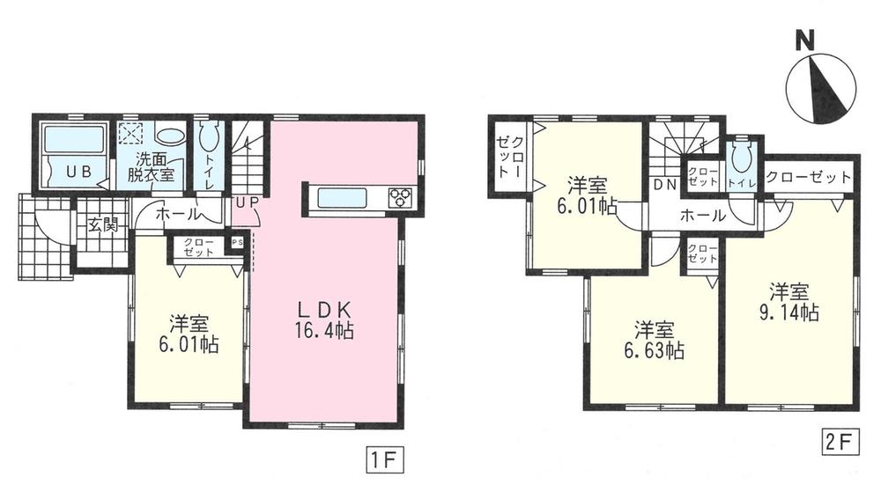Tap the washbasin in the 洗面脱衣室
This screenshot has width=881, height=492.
click(171, 136)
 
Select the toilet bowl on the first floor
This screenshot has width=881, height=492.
click(209, 139)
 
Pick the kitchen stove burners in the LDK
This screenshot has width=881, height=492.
click(397, 198)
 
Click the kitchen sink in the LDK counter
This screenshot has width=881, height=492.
click(343, 198)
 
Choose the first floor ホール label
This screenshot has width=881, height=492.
click(176, 214)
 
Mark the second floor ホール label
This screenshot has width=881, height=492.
click(702, 215)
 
